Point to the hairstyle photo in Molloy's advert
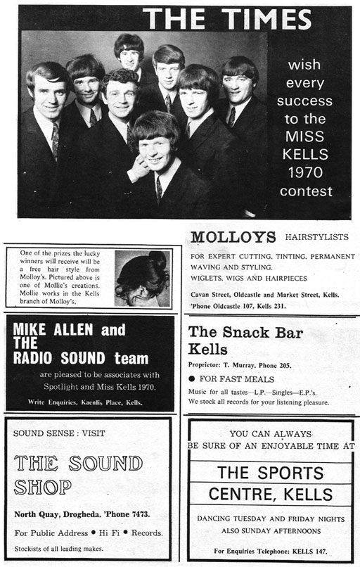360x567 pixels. click(x=143, y=276)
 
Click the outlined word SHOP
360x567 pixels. click(x=43, y=487)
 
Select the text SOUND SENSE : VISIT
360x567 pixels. click(x=49, y=433)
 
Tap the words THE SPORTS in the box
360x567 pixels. click(x=270, y=472)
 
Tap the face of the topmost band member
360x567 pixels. click(x=129, y=55)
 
